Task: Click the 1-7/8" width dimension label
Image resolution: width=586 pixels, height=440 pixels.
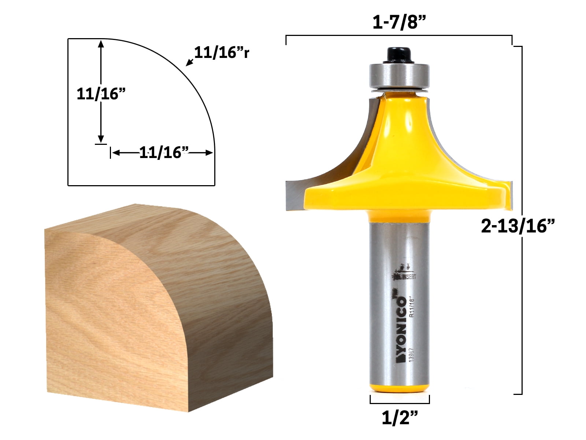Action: (x=399, y=23)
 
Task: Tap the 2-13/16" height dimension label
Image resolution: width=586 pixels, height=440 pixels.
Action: (x=518, y=225)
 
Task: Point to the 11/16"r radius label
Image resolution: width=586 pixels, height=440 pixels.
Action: (x=222, y=53)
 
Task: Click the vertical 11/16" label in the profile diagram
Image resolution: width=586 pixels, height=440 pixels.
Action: (x=101, y=94)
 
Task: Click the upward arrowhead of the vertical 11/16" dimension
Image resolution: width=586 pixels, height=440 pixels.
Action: (x=101, y=43)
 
